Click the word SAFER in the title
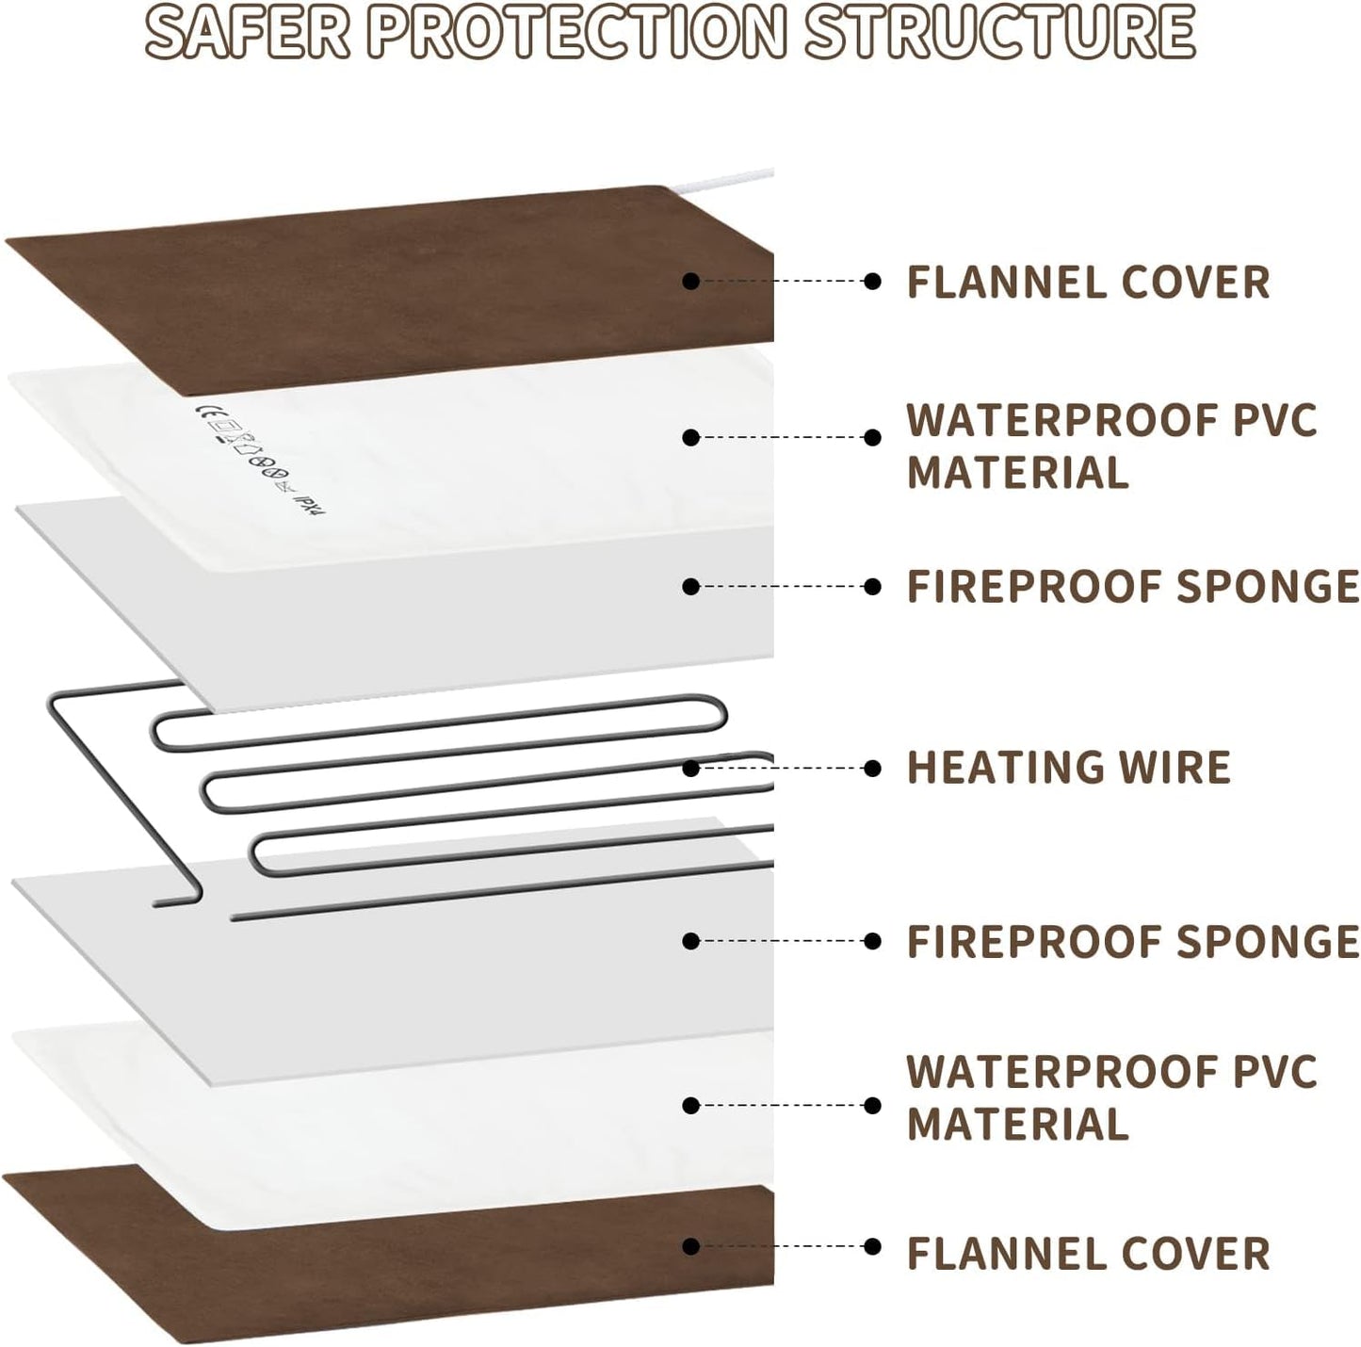coord(248,31)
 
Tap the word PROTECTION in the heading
coord(575,31)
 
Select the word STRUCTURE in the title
coord(1000,31)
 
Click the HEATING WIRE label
coord(1068,768)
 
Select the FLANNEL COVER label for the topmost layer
coord(1088,283)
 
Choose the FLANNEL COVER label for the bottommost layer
coord(1088,1254)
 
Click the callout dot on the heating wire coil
coord(691,769)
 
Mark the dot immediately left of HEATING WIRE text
coord(872,769)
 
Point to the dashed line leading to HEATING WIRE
coord(782,769)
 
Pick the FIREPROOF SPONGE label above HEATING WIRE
coord(1132,586)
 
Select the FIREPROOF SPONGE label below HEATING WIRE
coord(1132,941)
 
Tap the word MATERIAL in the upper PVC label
coord(1017,473)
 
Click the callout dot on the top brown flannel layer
coord(691,281)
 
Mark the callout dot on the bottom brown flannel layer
coord(691,1246)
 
